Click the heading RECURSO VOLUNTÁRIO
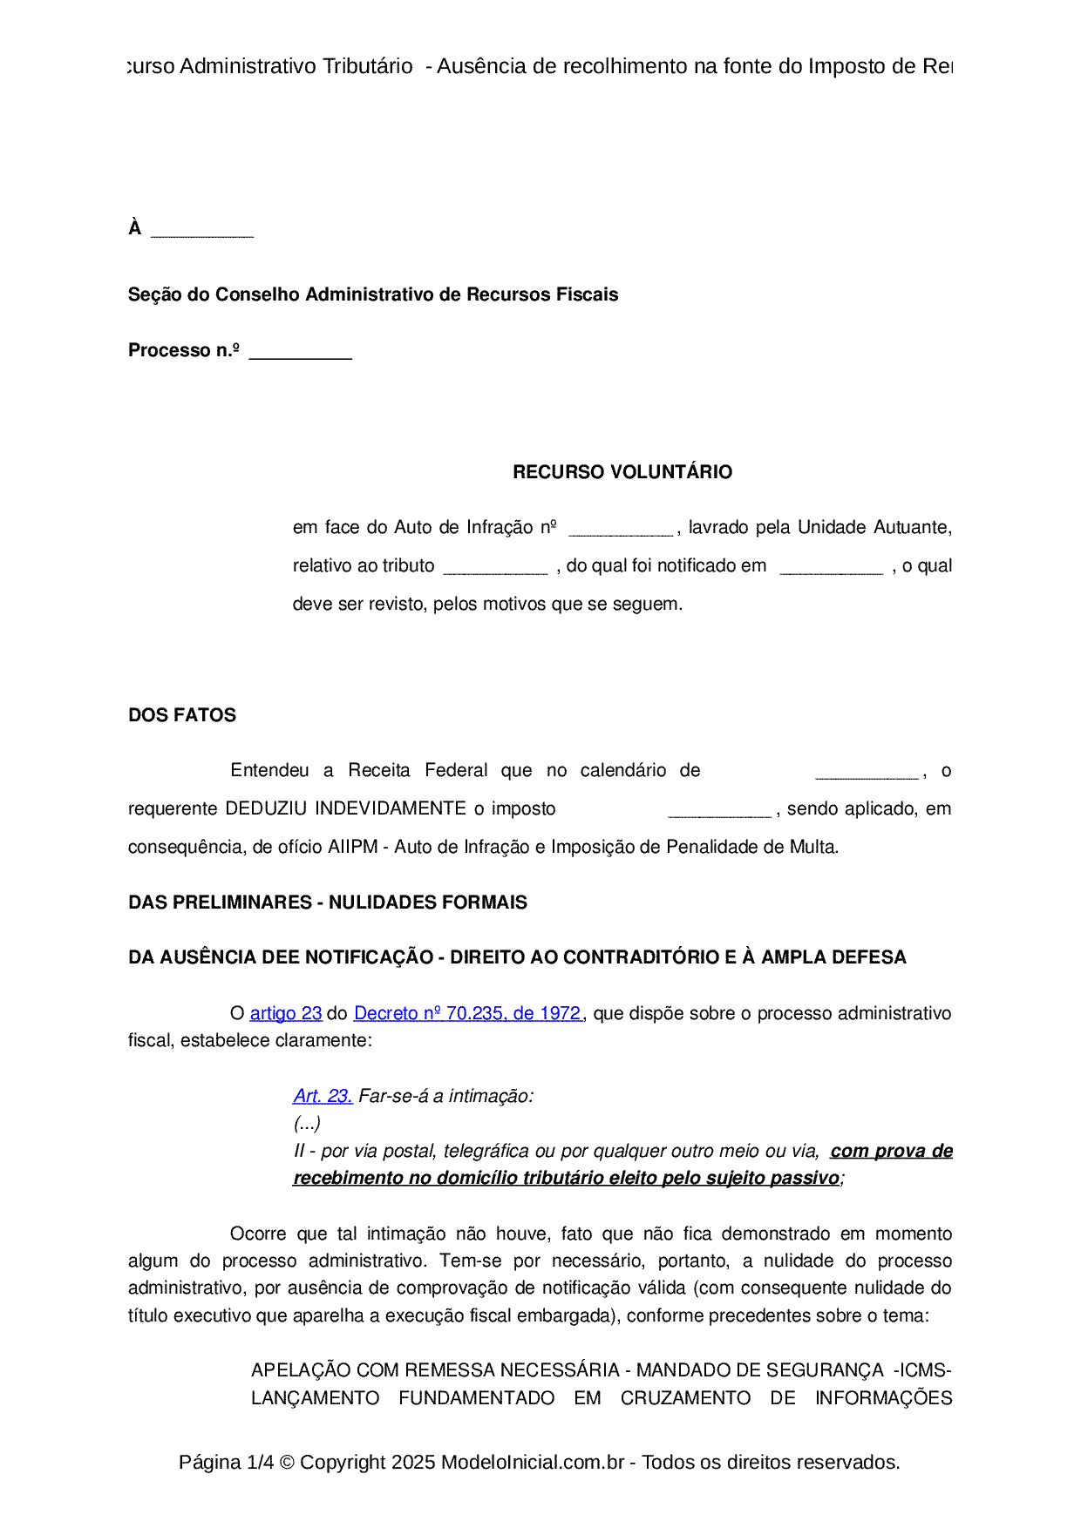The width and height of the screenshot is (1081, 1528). pyautogui.click(x=622, y=472)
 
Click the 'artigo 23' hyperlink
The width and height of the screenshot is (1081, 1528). pyautogui.click(x=286, y=1013)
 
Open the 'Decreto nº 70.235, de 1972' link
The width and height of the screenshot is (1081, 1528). pyautogui.click(x=468, y=1013)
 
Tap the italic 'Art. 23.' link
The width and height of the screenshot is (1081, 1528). pyautogui.click(x=323, y=1096)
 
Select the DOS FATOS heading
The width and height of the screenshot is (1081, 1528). pyautogui.click(x=182, y=715)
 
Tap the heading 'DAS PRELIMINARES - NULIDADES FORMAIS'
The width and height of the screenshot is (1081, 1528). pyautogui.click(x=328, y=903)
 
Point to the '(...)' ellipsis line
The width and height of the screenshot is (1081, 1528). pyautogui.click(x=307, y=1123)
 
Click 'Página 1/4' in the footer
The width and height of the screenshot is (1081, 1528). pyautogui.click(x=226, y=1462)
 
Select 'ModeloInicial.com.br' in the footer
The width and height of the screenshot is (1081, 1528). pyautogui.click(x=532, y=1462)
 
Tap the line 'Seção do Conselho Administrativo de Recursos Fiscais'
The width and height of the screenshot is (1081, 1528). pyautogui.click(x=373, y=294)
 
